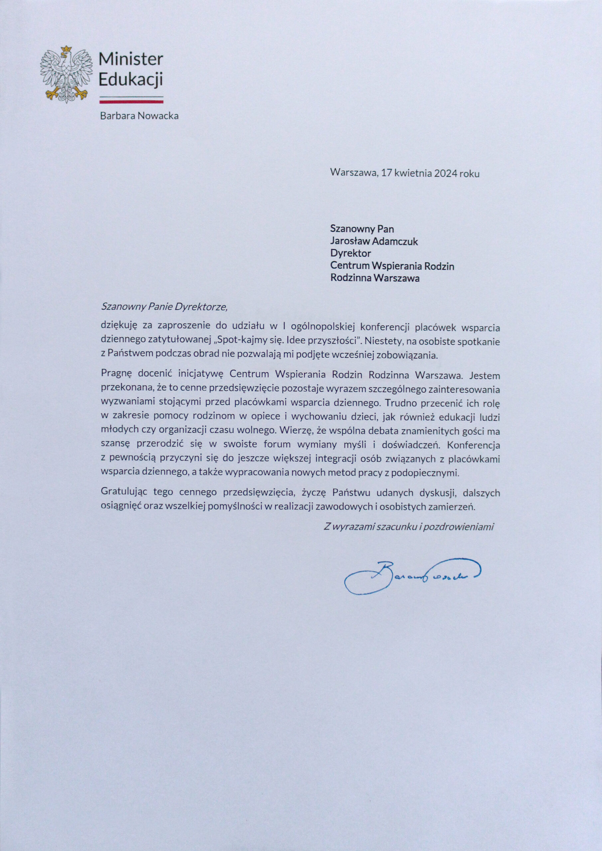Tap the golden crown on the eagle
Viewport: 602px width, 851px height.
tap(67, 49)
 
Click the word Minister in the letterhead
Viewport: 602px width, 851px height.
tap(131, 59)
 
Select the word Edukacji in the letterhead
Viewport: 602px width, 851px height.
tap(131, 80)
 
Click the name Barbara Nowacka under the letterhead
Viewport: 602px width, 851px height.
tap(139, 116)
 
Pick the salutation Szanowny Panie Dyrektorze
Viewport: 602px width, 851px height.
tap(164, 307)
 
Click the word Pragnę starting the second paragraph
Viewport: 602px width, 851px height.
tap(114, 375)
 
